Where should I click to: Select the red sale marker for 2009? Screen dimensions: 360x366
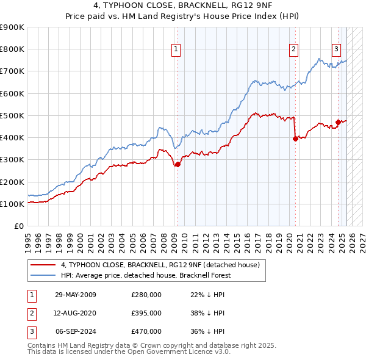(178, 164)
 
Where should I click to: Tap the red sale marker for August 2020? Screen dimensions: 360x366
(295, 139)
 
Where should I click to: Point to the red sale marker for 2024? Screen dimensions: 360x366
(338, 122)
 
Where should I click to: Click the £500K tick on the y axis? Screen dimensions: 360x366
(12, 115)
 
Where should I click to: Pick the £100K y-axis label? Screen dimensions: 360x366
(12, 204)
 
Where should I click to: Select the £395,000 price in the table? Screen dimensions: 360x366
(146, 313)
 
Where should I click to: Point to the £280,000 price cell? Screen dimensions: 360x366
(146, 295)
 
